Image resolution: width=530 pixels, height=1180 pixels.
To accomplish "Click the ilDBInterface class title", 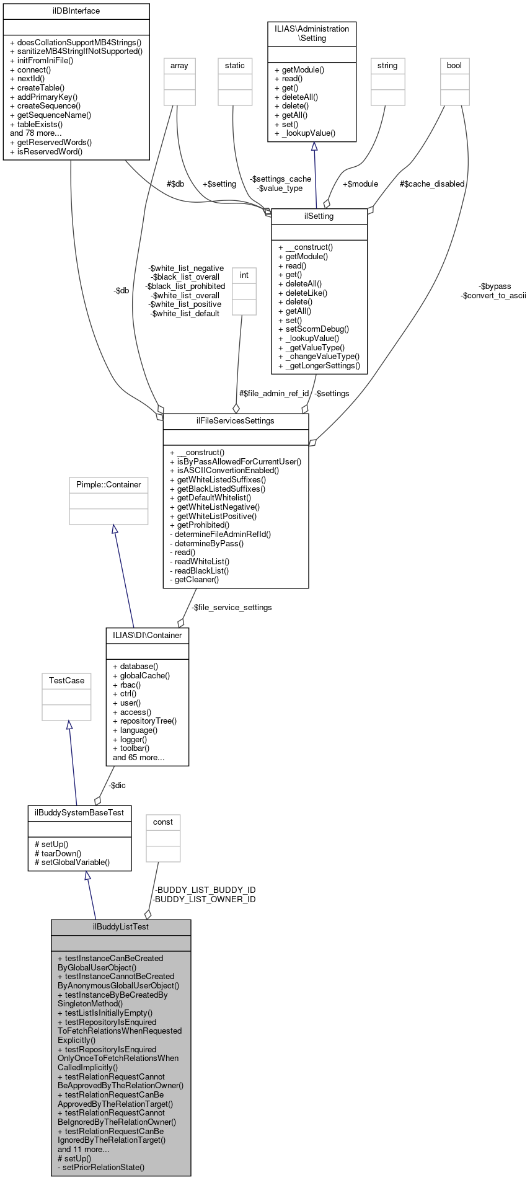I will click(76, 11).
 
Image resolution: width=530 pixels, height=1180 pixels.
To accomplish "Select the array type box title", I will click(179, 66).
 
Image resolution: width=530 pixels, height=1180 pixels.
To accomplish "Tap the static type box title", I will click(235, 66).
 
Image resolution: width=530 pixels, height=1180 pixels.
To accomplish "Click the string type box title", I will click(387, 66).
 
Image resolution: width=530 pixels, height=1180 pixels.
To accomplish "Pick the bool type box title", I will click(454, 66).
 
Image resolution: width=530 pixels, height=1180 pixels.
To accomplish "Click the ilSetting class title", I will click(319, 216).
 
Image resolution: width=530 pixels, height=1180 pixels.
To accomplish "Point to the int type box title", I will click(244, 275).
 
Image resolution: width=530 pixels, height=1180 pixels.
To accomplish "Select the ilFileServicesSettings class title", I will click(236, 421).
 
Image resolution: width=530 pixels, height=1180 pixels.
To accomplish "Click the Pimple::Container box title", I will click(108, 485).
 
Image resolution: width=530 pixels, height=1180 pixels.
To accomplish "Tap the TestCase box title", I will click(66, 681).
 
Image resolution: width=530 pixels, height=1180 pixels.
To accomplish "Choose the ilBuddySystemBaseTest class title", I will click(79, 813).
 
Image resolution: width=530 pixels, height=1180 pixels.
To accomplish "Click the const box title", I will click(163, 822).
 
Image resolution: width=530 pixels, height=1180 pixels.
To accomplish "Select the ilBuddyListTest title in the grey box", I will click(121, 927).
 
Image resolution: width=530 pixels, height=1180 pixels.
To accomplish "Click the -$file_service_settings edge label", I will click(231, 608).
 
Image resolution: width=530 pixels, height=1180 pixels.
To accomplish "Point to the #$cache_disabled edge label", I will click(432, 184).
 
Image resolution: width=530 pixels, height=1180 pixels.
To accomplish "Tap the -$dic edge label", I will click(117, 786).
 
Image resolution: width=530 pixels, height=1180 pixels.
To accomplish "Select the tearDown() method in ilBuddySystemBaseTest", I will click(61, 853).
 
